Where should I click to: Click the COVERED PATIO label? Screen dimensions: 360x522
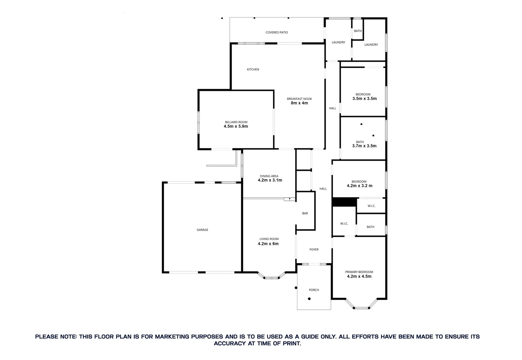pos(276,32)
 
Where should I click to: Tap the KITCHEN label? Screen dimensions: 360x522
pos(253,69)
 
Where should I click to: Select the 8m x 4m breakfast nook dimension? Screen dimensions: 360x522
pos(299,103)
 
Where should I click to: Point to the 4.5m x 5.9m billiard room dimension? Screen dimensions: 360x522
pos(236,126)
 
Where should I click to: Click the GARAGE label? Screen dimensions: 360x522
pos(202,230)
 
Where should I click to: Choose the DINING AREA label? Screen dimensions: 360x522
pos(269,176)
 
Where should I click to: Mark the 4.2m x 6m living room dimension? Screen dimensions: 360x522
pos(268,244)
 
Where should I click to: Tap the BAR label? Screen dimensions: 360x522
pos(305,213)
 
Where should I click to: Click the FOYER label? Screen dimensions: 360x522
pos(314,249)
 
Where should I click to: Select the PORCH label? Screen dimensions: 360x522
pos(314,290)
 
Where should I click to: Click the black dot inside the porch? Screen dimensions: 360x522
pos(309,299)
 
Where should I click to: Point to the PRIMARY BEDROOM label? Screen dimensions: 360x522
pos(359,272)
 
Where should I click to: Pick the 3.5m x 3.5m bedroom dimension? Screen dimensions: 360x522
pos(364,99)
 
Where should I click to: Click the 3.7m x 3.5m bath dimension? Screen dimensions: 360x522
pos(364,146)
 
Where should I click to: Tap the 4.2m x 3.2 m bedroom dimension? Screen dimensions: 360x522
pos(359,186)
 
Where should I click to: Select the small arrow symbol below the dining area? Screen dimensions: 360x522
pos(290,199)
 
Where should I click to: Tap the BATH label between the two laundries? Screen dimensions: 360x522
pos(358,31)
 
